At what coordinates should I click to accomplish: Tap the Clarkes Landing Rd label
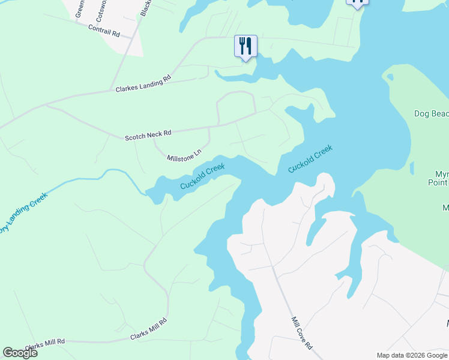tap(143, 84)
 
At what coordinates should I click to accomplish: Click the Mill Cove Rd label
tap(302, 334)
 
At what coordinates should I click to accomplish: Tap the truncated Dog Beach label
tap(431, 113)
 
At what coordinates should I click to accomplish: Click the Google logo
tap(20, 353)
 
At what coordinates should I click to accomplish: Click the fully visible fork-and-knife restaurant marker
tap(246, 46)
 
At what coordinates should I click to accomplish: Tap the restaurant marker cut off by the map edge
tap(357, 2)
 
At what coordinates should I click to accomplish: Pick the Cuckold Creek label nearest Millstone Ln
tap(203, 177)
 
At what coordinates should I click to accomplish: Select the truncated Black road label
tap(145, 8)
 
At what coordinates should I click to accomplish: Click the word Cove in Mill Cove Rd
tap(302, 334)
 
